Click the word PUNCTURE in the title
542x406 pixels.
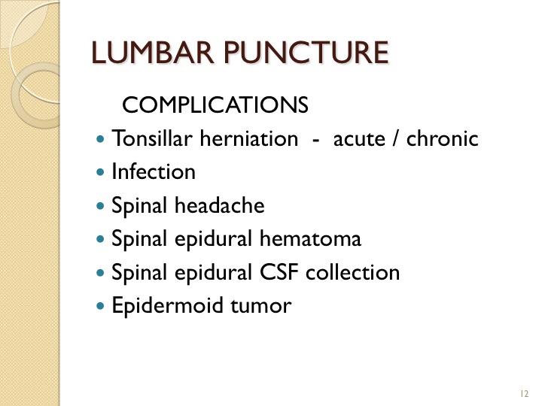306,53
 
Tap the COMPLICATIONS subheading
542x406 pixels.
215,105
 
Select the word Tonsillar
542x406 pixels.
152,138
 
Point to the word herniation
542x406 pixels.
249,138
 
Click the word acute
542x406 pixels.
359,140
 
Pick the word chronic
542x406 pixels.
442,138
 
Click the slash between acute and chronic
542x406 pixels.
395,139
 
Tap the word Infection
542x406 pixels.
154,171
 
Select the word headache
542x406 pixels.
220,205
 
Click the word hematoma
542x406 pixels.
310,238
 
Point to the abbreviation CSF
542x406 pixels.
279,272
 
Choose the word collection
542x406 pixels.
352,272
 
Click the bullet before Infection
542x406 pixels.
100,172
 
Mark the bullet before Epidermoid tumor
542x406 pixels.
100,306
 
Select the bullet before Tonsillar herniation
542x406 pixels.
100,140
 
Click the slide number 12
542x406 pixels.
524,393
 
